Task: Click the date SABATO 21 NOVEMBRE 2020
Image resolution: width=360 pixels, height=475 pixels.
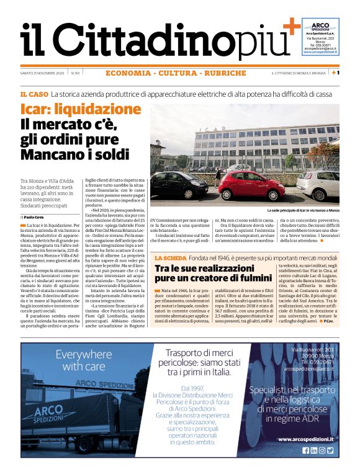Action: pyautogui.click(x=42, y=73)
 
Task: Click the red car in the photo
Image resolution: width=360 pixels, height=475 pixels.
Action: pyautogui.click(x=251, y=186)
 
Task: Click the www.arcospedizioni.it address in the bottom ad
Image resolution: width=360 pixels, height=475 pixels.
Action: pyautogui.click(x=307, y=439)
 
